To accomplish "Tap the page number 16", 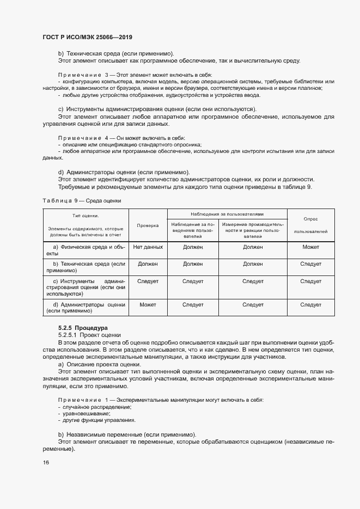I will click(46, 462).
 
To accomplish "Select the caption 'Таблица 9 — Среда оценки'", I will click(82, 200).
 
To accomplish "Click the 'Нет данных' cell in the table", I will click(148, 247).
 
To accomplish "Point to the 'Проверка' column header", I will click(148, 224).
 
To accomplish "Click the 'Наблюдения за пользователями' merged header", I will click(227, 214).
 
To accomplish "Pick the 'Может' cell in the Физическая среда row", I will click(310, 247).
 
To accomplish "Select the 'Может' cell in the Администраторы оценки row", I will click(148, 305).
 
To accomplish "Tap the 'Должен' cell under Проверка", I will click(148, 264).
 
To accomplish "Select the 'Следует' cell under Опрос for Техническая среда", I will click(310, 264).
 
